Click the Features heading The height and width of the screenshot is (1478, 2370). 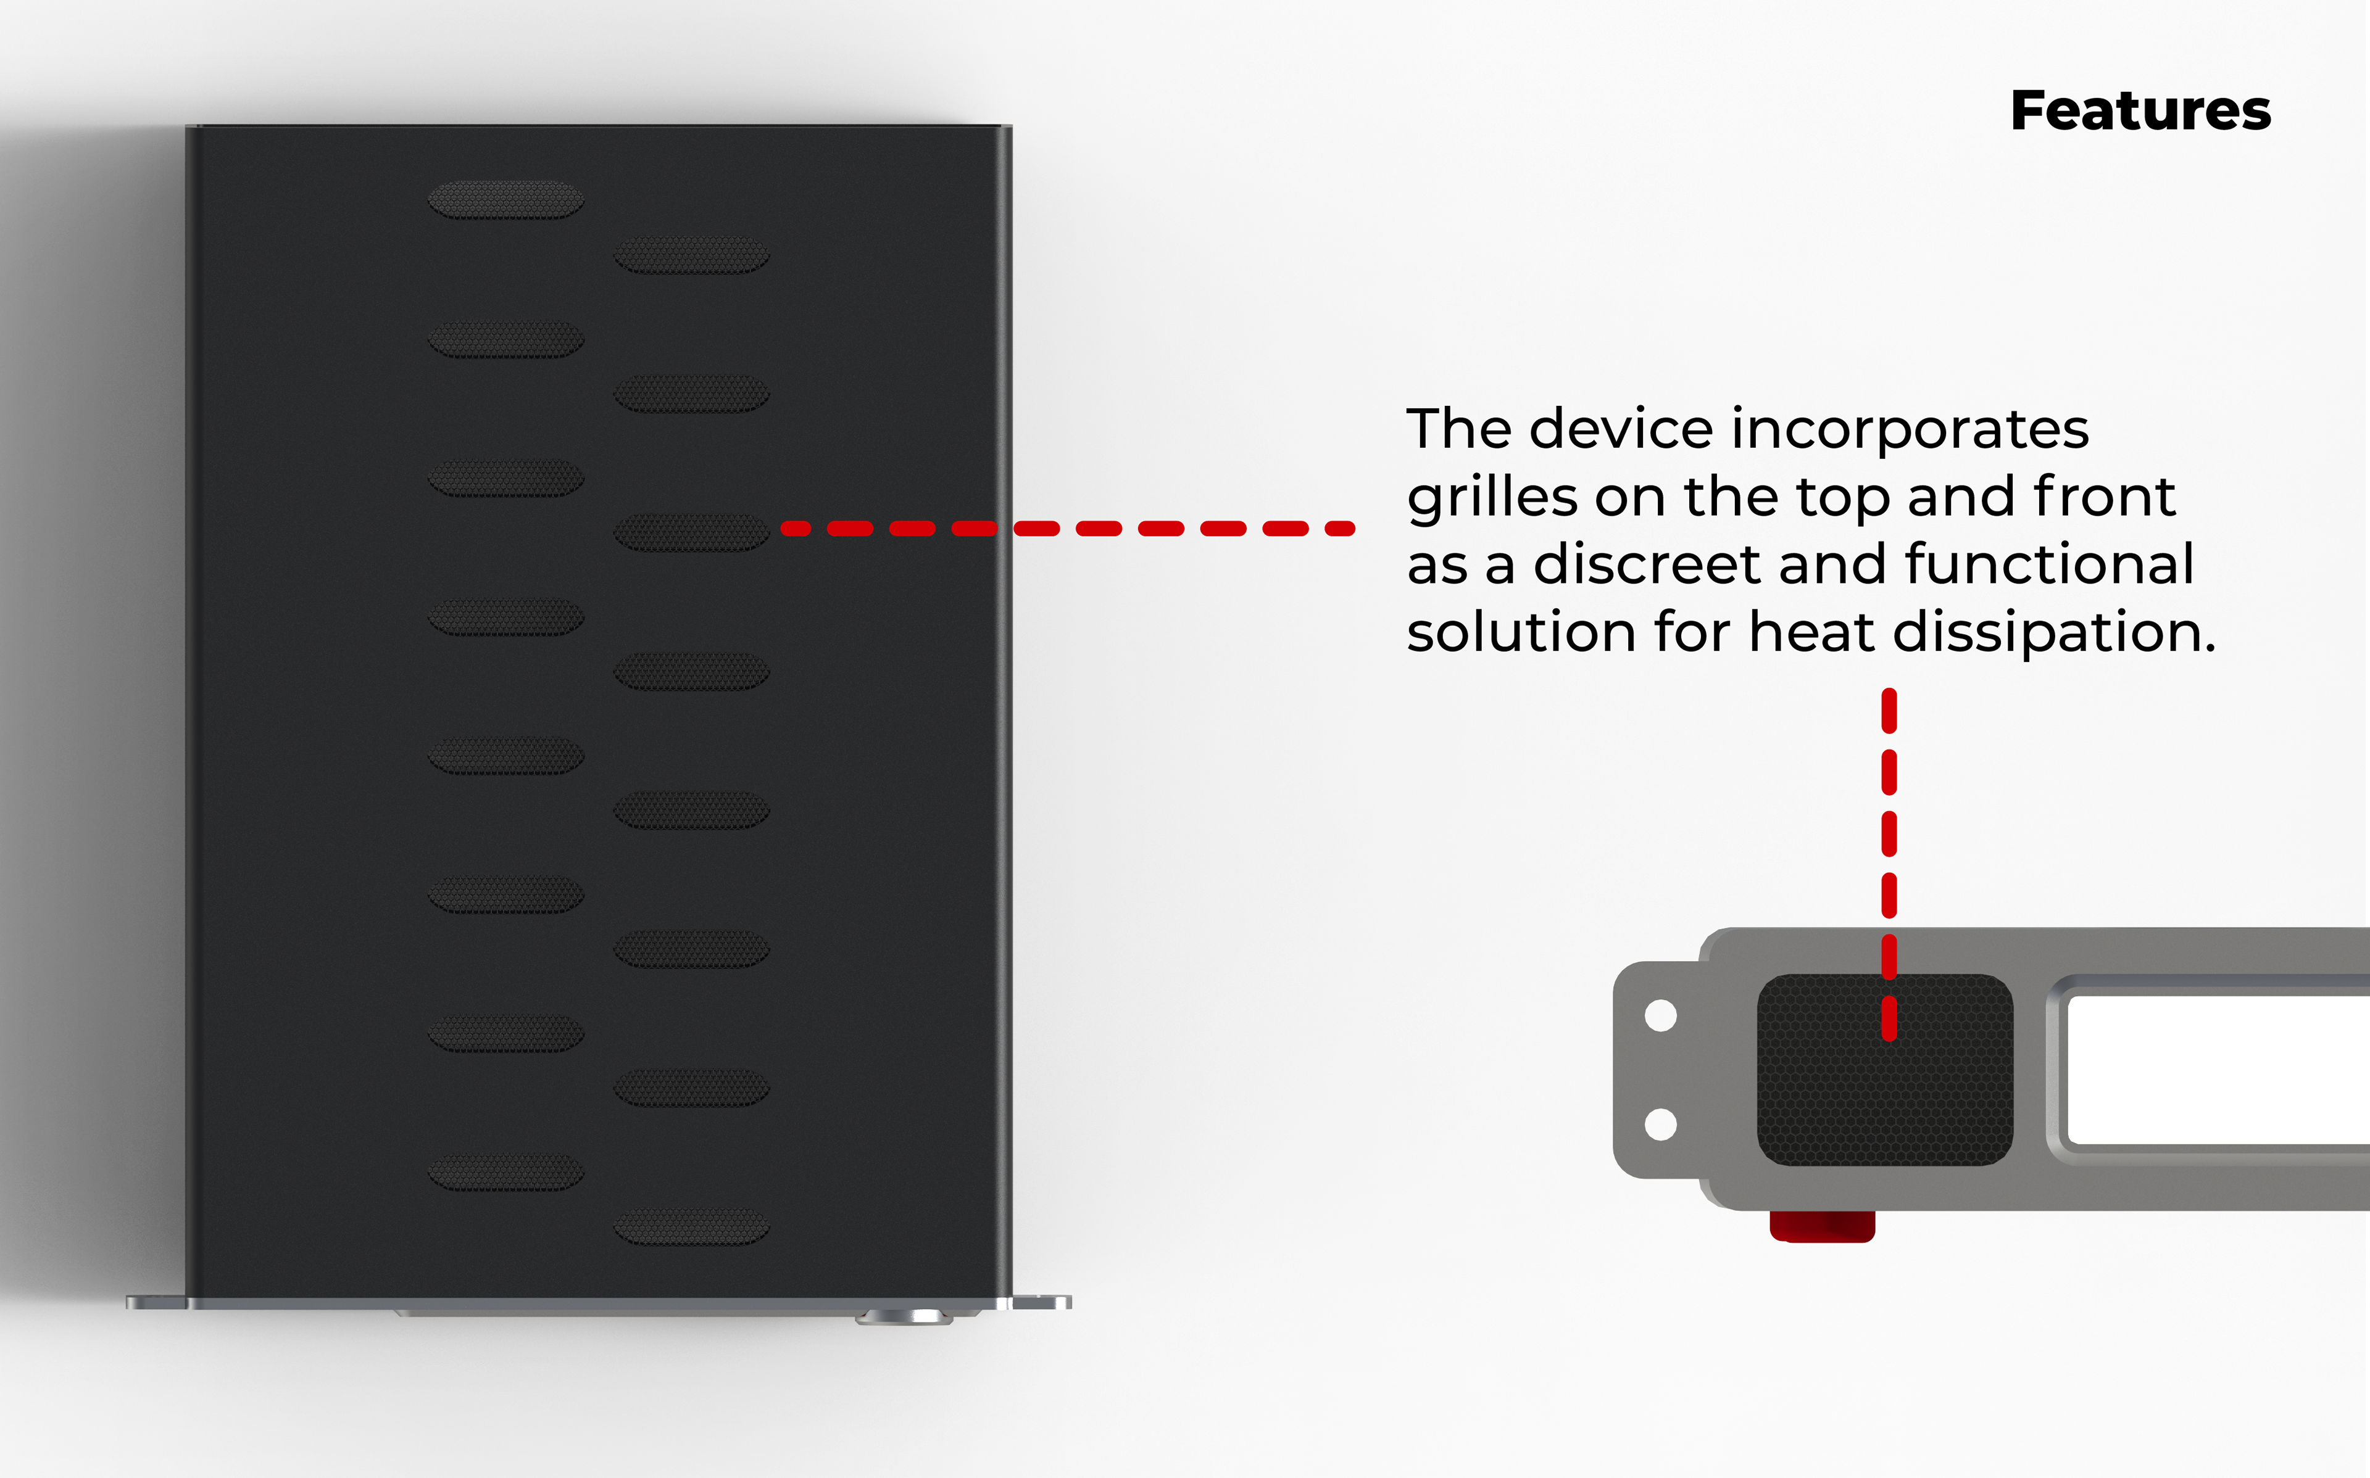pyautogui.click(x=2140, y=110)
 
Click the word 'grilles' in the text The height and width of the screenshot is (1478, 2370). pyautogui.click(x=1492, y=498)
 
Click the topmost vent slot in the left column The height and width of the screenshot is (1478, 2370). pyautogui.click(x=505, y=199)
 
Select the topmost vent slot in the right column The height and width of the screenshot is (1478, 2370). pyautogui.click(x=691, y=255)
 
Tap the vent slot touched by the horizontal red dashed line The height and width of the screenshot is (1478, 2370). pyautogui.click(x=691, y=533)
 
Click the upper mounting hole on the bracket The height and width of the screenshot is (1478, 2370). pyautogui.click(x=1660, y=1015)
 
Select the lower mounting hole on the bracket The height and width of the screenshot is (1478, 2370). pyautogui.click(x=1660, y=1124)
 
